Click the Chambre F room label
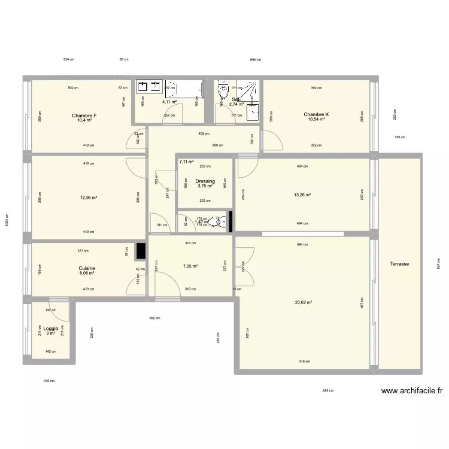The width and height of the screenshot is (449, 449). [x=84, y=115]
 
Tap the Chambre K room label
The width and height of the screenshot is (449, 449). [x=316, y=114]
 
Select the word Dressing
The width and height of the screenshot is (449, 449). [x=205, y=181]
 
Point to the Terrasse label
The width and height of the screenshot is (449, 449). [x=399, y=263]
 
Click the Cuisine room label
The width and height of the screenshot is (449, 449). [x=87, y=269]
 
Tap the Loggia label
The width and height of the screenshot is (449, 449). [x=50, y=328]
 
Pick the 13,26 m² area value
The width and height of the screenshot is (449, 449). [x=302, y=195]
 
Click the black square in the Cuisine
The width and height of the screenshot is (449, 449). [x=141, y=252]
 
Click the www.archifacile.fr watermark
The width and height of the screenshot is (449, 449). [x=412, y=392]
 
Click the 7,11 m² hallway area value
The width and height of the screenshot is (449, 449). [x=186, y=162]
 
